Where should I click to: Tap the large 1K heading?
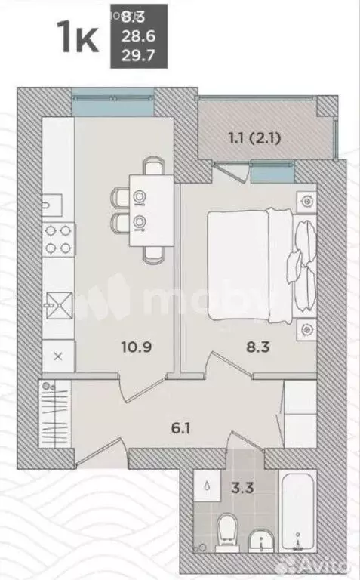(77, 37)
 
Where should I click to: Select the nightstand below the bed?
(306, 329)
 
